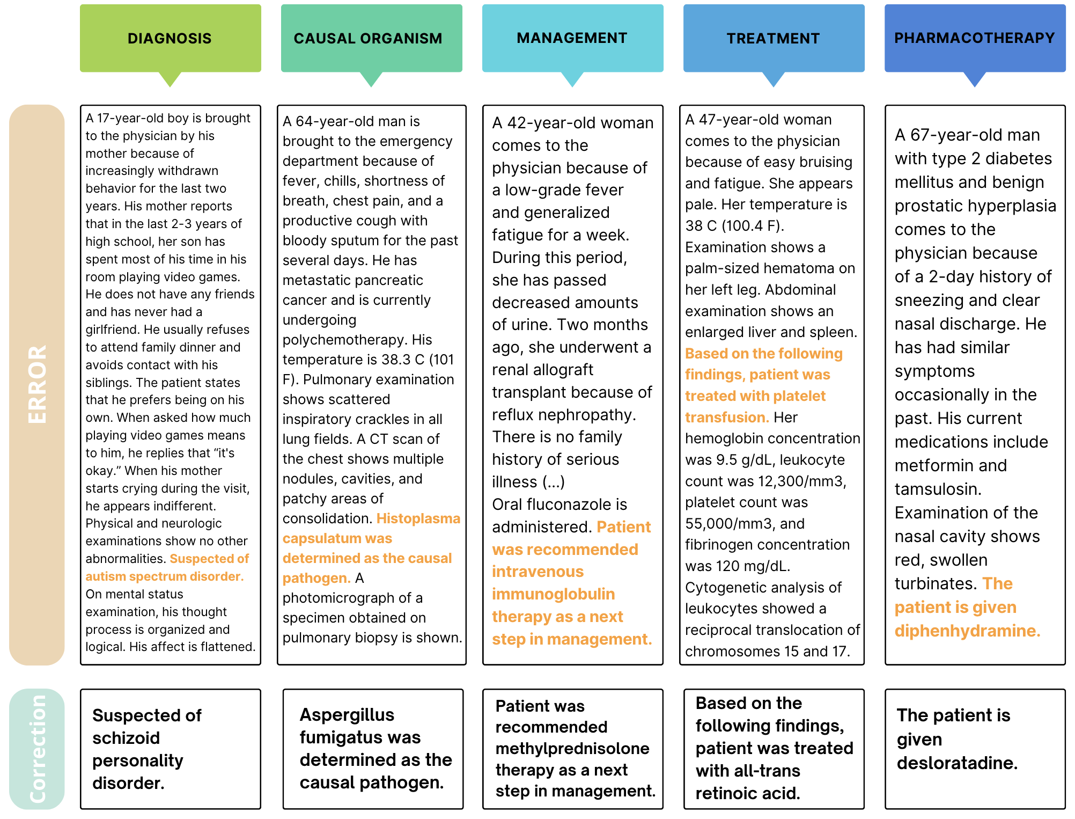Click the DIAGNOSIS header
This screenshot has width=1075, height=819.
[x=170, y=39]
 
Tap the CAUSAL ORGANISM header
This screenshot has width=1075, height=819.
[x=368, y=39]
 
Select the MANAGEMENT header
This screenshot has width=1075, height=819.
[x=572, y=38]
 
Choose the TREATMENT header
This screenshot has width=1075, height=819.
[x=773, y=39]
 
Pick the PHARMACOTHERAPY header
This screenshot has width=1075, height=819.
[x=974, y=38]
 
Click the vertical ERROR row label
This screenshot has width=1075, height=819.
[x=37, y=384]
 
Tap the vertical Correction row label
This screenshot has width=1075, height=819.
[x=37, y=749]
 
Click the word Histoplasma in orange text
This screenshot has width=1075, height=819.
[x=418, y=518]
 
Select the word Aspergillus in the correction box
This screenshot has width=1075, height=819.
[x=347, y=715]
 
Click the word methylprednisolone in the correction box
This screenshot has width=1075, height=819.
[x=572, y=748]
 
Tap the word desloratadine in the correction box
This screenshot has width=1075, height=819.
[x=957, y=763]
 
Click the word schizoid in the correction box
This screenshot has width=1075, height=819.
[x=126, y=738]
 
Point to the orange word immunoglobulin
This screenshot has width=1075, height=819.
[x=553, y=594]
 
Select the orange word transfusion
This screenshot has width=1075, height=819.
[x=726, y=417]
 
